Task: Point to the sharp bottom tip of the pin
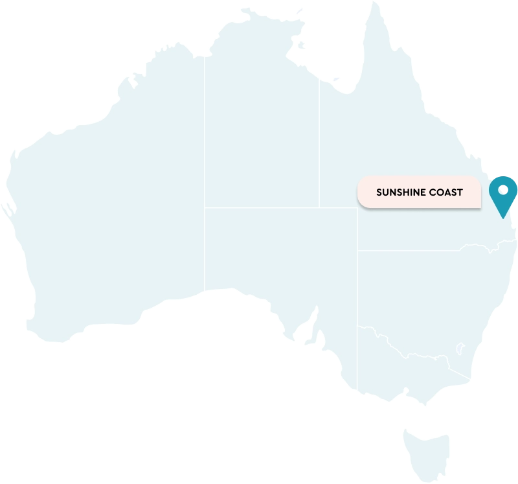pos(502,218)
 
